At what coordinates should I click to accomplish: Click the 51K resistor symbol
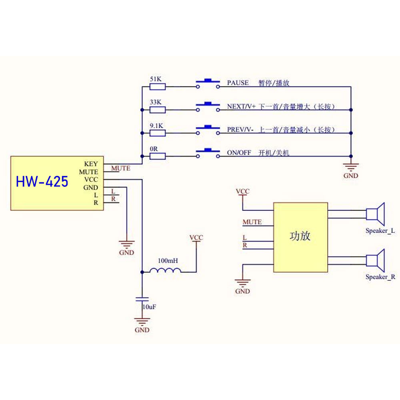coord(157,87)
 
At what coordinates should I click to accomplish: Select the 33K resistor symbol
coord(157,110)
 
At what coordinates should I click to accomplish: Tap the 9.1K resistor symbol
coord(157,133)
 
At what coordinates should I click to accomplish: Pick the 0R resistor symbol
coord(157,156)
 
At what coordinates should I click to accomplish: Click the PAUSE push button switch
coord(208,84)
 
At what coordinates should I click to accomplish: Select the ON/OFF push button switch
coord(208,153)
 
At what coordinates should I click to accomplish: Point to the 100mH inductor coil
coord(165,270)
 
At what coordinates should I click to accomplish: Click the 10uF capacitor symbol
coord(142,299)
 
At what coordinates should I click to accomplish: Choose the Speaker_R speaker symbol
coord(375,260)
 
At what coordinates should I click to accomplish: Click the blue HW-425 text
coord(42,182)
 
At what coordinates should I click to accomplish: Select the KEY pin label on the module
coord(91,164)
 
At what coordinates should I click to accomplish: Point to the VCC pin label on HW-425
coord(91,180)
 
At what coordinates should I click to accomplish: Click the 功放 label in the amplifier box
coord(300,236)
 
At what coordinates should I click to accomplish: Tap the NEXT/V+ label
coord(241,106)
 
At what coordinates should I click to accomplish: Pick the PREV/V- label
coord(240,130)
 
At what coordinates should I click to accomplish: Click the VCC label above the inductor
coord(196,238)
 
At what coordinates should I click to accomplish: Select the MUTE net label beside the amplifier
coord(252,222)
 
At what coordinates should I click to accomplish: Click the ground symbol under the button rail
coord(351,167)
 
